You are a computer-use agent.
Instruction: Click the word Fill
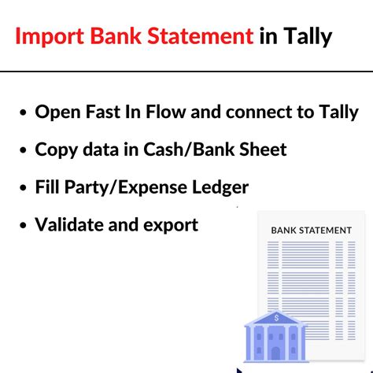click(x=49, y=187)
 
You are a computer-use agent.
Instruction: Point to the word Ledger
click(x=220, y=188)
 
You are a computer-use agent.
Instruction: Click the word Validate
click(x=73, y=225)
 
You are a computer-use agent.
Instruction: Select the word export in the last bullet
click(x=171, y=226)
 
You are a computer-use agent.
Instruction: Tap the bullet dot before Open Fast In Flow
click(x=22, y=113)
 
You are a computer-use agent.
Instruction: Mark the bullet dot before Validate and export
click(x=22, y=226)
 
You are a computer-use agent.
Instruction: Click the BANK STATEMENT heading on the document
click(x=311, y=231)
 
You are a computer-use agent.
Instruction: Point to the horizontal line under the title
click(x=186, y=72)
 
